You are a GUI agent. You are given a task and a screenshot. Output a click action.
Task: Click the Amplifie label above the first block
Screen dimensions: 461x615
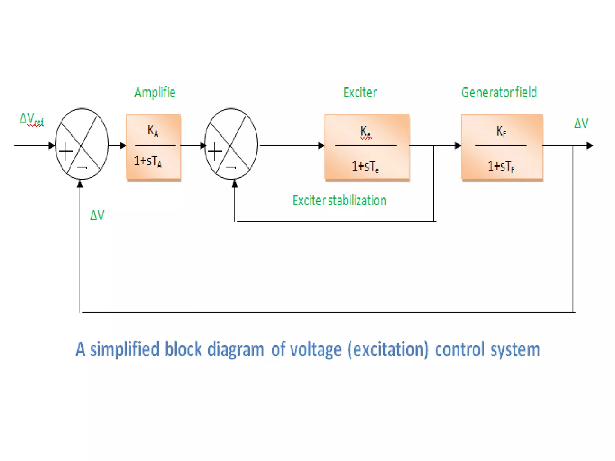155,92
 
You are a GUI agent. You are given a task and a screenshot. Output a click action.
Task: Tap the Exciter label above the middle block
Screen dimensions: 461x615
360,92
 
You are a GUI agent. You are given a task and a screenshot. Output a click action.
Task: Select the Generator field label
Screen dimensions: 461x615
499,92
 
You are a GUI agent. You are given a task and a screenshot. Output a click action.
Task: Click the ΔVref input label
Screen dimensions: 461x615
32,119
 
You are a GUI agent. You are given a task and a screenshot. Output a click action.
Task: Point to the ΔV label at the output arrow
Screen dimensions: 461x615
581,123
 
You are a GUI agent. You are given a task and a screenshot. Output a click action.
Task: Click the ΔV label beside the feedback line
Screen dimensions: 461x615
97,215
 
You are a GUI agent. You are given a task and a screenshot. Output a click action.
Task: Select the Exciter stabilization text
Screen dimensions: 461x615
339,200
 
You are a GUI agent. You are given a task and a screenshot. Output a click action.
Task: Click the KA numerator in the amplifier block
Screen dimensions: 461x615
153,131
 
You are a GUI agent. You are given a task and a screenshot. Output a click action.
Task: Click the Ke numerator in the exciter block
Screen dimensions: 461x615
365,131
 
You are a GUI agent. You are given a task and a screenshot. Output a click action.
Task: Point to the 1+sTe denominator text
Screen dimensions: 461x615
365,166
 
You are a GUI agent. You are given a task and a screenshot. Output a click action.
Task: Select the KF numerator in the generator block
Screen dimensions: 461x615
501,131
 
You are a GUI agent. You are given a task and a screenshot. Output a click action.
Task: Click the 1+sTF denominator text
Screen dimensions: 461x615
501,166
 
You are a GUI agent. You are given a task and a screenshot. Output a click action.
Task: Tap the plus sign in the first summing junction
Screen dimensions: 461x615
66,151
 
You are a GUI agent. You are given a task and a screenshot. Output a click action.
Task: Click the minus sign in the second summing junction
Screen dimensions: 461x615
231,167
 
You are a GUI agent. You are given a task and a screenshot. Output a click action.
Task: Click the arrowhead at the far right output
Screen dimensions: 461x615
590,146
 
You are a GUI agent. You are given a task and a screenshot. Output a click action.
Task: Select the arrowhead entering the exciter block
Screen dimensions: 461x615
321,146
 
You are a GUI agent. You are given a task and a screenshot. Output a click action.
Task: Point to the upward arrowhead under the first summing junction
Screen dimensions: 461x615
80,184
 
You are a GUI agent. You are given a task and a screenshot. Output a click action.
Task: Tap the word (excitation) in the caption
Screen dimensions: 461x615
388,350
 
